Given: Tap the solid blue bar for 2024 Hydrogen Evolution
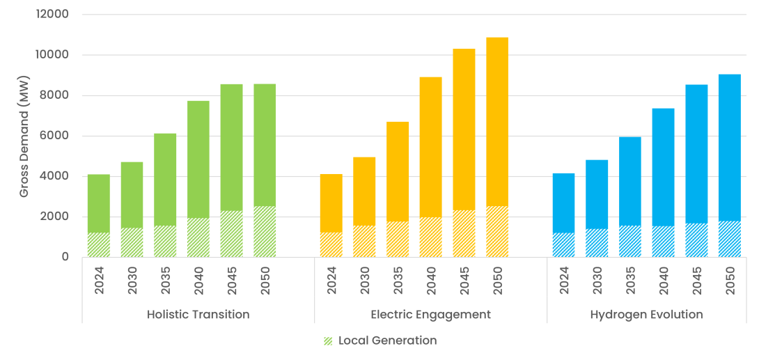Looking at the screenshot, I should point(563,203).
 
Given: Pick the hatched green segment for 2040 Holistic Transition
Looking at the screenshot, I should point(198,237).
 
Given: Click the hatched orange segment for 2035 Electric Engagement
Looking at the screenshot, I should point(398,240).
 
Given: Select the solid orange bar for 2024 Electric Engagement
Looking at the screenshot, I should point(331,203).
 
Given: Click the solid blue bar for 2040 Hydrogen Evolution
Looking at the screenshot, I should point(663,167).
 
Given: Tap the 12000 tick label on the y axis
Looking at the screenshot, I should point(53,15).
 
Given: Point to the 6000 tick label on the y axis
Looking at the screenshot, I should point(56,136).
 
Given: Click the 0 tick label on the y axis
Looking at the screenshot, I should point(65,257).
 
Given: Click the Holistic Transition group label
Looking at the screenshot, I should point(198,315).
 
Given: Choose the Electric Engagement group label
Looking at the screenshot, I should point(430,315).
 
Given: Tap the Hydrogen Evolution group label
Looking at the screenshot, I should point(646,315).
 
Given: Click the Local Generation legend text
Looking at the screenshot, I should point(387,341).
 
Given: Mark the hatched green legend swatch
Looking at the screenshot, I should point(328,341).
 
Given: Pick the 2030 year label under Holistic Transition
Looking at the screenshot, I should point(132,280).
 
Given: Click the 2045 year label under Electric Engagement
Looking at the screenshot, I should point(464,280).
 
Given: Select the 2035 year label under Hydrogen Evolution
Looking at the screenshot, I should point(630,280).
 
